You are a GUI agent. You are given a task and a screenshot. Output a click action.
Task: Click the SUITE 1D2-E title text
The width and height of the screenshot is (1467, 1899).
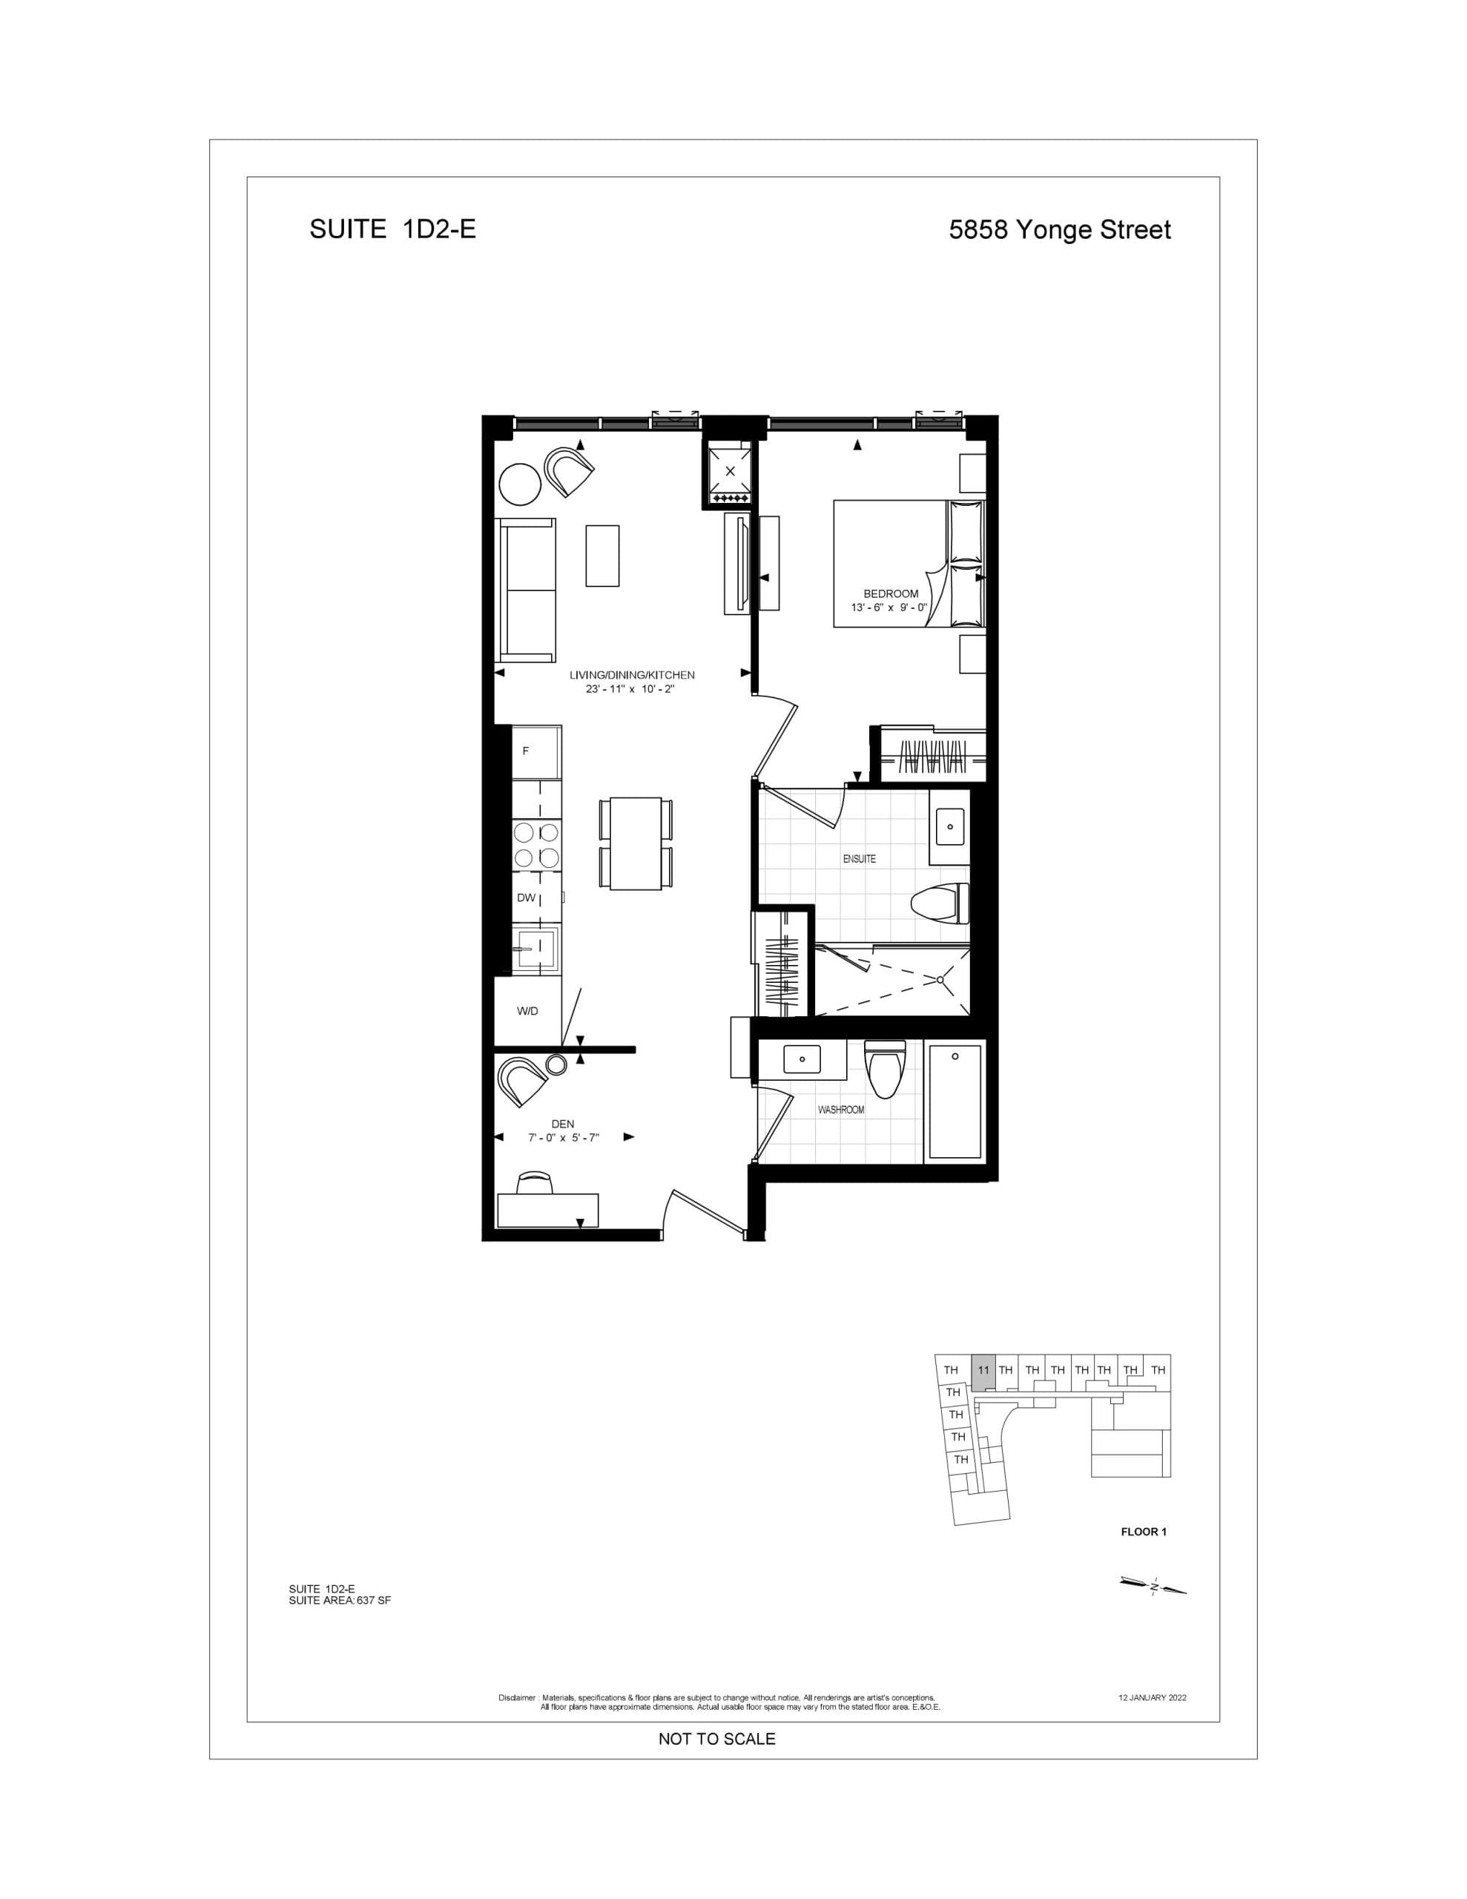(x=392, y=229)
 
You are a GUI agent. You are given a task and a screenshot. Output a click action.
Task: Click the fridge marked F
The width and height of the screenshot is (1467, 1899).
(x=535, y=751)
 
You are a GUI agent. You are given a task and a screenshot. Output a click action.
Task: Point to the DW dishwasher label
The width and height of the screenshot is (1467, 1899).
(x=526, y=898)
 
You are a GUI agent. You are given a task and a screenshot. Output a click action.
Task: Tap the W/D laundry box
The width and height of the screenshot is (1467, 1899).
(x=527, y=1010)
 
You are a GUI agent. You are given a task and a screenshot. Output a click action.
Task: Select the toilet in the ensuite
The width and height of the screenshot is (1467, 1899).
(x=941, y=904)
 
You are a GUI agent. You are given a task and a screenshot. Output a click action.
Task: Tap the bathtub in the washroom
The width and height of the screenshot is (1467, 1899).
(x=955, y=1101)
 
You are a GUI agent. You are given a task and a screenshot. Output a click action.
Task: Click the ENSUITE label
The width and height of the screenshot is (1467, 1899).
(x=859, y=858)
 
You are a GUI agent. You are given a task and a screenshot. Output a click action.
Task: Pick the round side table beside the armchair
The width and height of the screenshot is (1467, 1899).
(x=520, y=484)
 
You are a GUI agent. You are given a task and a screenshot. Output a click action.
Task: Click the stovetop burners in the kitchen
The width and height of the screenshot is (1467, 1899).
(x=535, y=844)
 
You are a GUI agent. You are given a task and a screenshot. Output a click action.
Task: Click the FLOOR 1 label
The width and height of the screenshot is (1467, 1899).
(x=1144, y=1531)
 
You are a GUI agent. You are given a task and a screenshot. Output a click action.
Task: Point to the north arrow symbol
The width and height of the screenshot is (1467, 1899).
(x=1153, y=1587)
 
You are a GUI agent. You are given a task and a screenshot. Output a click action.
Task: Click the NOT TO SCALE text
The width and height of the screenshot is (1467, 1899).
(x=716, y=1739)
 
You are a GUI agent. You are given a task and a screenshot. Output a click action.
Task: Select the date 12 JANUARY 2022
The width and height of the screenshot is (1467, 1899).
(x=1153, y=1696)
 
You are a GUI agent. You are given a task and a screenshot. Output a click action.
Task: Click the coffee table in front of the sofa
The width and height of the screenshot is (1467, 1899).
(x=603, y=556)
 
